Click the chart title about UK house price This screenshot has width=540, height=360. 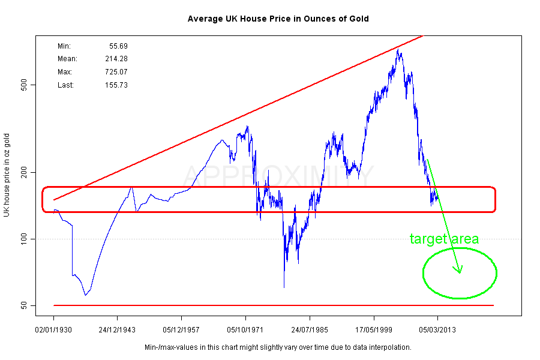tap(278, 19)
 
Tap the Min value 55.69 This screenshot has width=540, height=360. tap(118, 46)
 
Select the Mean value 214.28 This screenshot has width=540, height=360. tap(116, 59)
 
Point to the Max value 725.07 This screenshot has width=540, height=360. tap(116, 72)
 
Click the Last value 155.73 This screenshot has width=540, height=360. tap(116, 85)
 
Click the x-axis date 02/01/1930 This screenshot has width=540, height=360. tap(53, 330)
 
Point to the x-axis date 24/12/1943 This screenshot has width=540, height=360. tap(117, 330)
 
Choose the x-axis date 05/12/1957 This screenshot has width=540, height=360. tap(181, 330)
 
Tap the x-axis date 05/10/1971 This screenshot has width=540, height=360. tap(245, 330)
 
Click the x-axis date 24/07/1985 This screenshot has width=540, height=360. tap(310, 330)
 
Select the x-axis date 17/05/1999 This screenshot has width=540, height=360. tap(374, 330)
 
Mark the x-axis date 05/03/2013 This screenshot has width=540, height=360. tap(438, 330)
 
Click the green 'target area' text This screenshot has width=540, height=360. tap(444, 239)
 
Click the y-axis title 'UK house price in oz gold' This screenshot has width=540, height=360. tap(7, 175)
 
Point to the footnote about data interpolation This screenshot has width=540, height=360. tap(278, 347)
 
